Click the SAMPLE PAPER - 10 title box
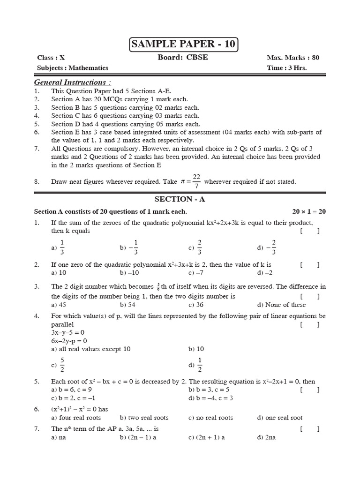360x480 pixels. [183, 45]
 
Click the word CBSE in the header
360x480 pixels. [197, 58]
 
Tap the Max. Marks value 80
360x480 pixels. [315, 58]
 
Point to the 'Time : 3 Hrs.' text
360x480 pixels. [287, 67]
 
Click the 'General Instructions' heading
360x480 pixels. [73, 82]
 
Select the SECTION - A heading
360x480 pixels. [180, 199]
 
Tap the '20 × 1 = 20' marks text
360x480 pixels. [309, 211]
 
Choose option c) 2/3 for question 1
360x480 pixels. [195, 247]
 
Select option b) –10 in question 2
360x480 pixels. [129, 272]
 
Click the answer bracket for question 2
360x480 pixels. [310, 265]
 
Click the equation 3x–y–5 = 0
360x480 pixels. [67, 332]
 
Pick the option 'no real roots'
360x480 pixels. [210, 418]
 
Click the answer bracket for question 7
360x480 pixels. [310, 428]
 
